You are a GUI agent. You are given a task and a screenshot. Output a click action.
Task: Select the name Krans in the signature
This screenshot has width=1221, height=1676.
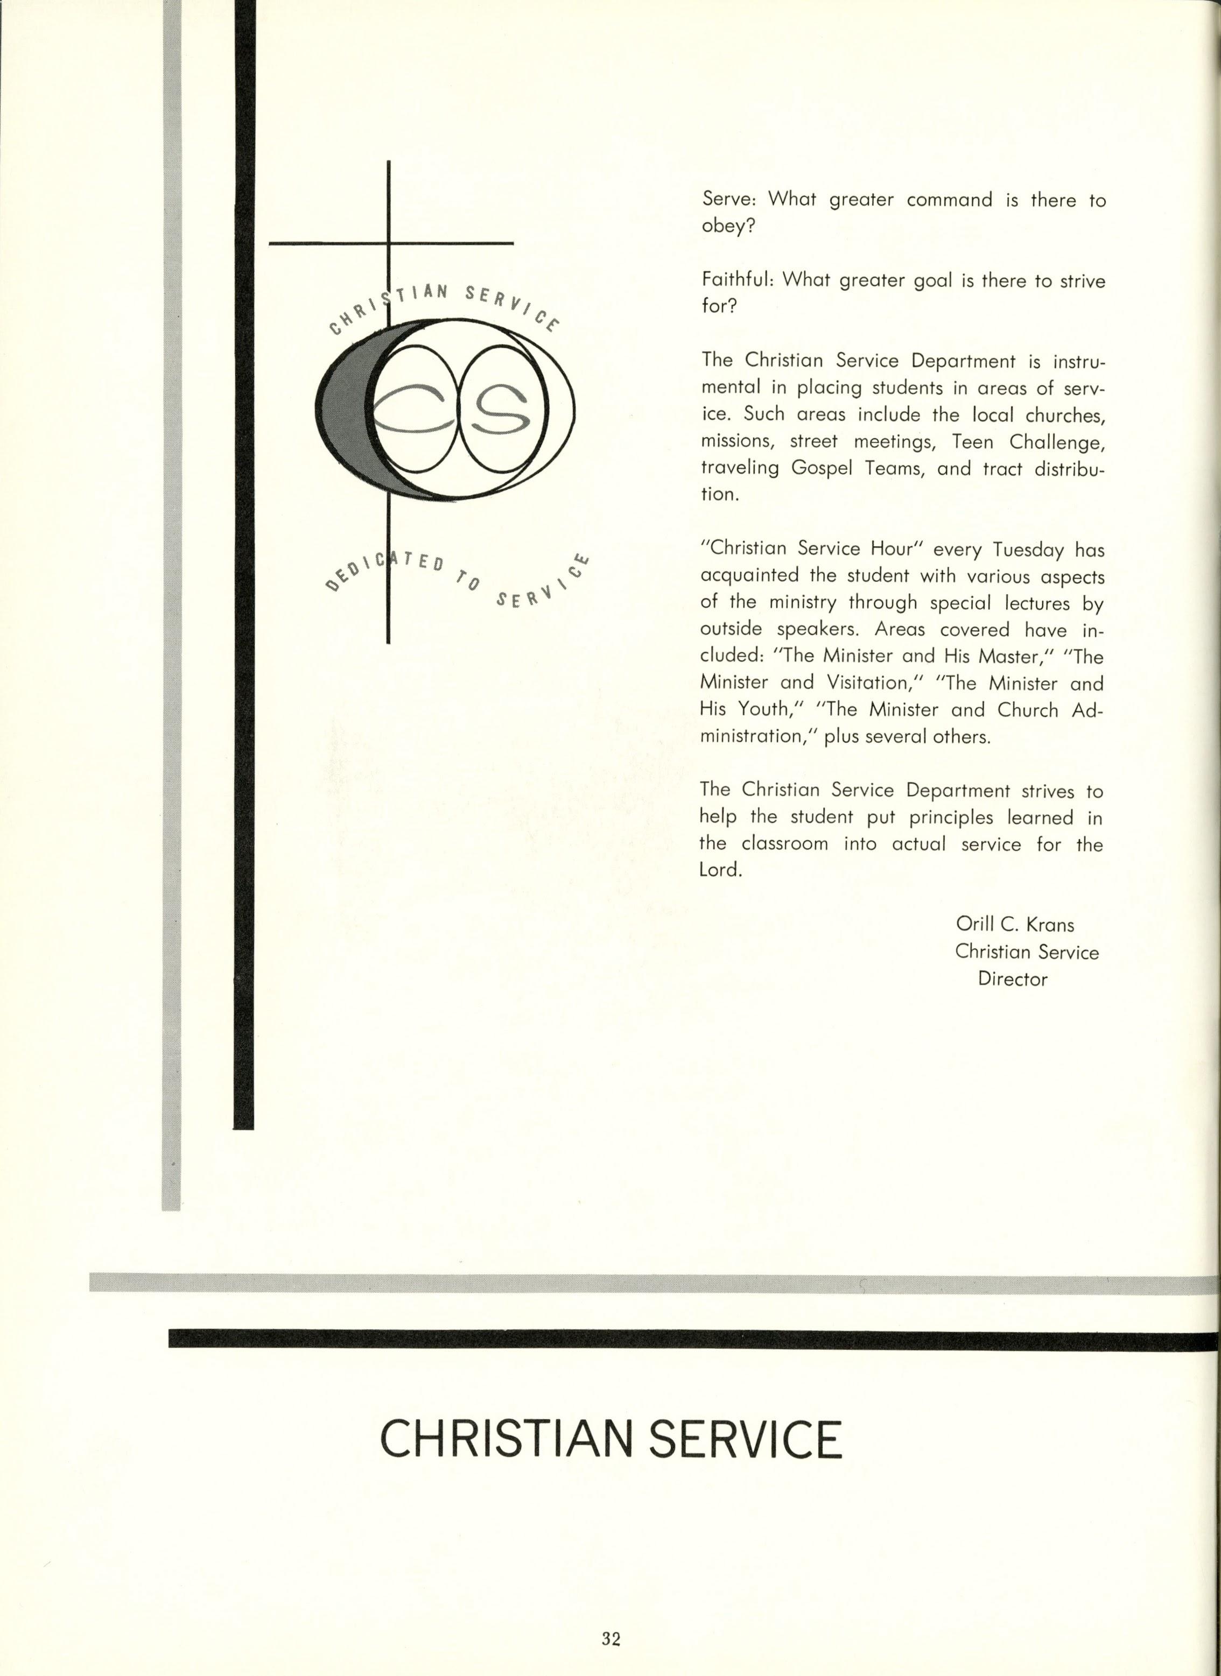tap(1049, 925)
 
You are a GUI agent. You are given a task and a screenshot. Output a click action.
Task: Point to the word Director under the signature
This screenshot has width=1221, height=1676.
tap(1013, 979)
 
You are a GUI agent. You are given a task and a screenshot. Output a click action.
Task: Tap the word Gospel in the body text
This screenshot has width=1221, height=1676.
tap(820, 468)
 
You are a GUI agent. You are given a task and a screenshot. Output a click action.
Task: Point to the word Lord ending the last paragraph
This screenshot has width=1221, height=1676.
tap(718, 870)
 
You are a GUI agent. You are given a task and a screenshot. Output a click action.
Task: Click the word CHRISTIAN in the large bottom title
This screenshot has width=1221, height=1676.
tap(506, 1438)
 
